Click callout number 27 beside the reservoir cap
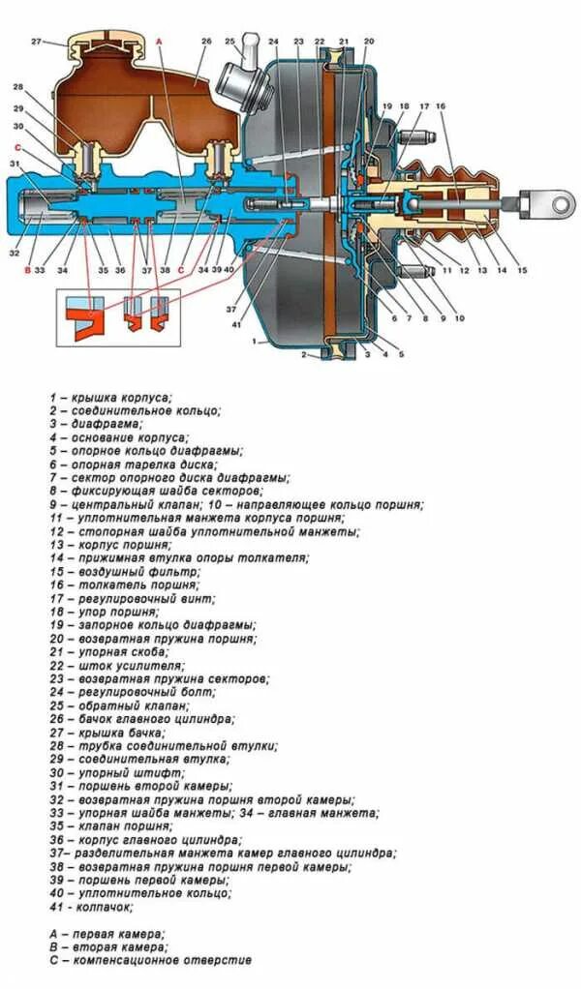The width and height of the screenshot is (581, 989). [x=35, y=41]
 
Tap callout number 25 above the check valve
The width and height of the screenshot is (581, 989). [x=230, y=41]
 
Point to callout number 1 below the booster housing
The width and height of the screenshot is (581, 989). [x=255, y=342]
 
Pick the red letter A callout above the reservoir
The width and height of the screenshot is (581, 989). [x=159, y=41]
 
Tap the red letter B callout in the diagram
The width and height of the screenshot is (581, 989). [x=26, y=270]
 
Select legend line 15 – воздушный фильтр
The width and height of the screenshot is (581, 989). [x=135, y=572]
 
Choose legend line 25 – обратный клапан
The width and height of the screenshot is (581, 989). [x=136, y=706]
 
